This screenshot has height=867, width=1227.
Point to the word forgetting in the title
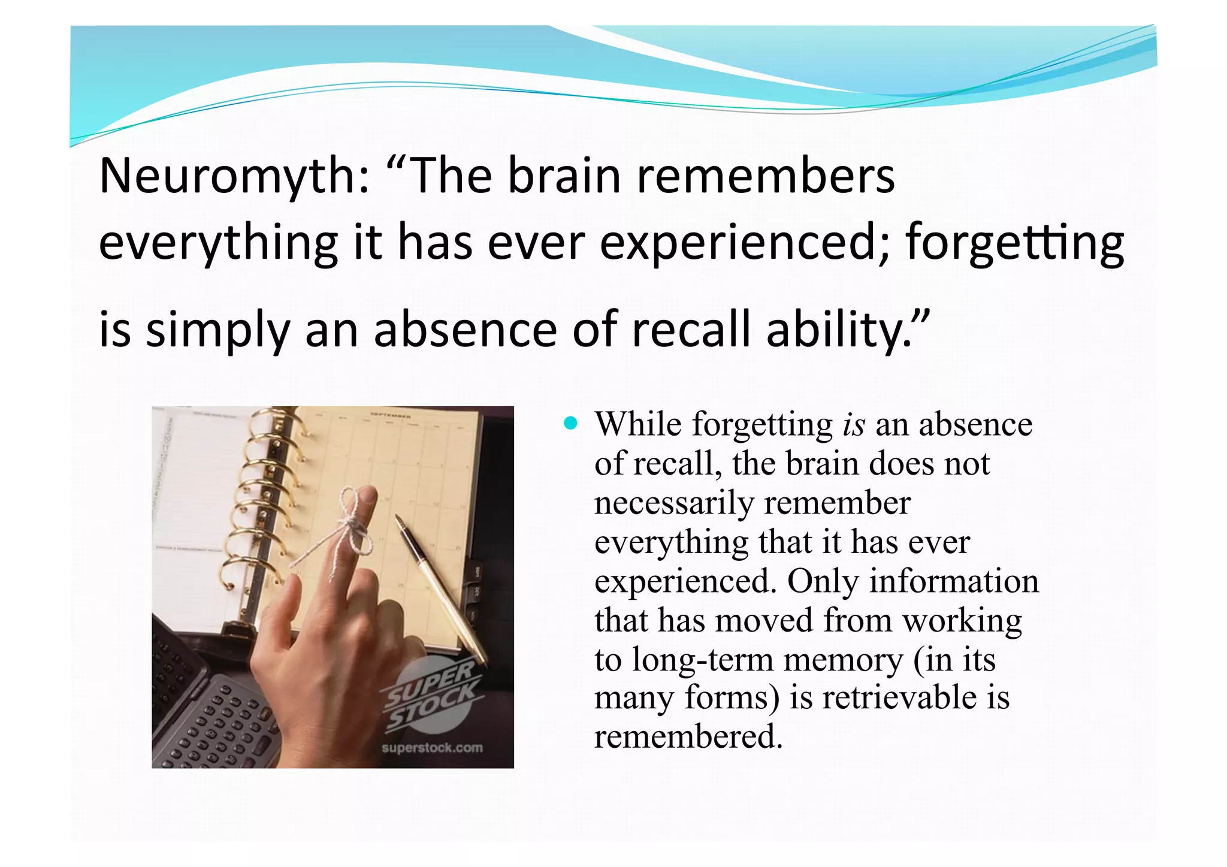[1014, 243]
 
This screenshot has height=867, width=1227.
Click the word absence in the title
[465, 330]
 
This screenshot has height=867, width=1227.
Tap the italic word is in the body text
[854, 425]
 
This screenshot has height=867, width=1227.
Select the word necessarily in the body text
[674, 503]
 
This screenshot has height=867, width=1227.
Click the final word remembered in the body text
[688, 737]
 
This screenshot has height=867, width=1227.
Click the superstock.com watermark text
[432, 748]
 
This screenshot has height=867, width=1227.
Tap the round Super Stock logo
[430, 695]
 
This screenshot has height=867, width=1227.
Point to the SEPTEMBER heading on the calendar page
[390, 415]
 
